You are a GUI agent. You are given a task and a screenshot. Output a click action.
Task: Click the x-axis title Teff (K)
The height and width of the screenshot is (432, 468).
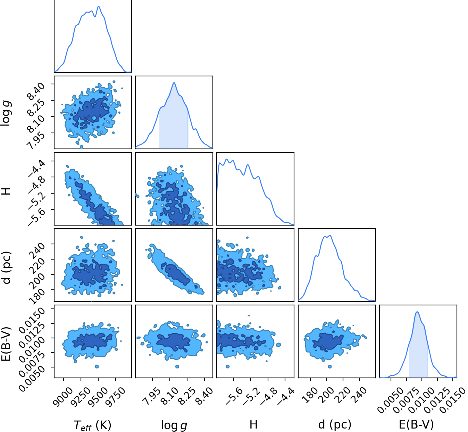pos(92,425)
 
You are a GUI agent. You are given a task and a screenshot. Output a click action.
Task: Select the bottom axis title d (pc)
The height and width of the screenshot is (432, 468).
pos(335,424)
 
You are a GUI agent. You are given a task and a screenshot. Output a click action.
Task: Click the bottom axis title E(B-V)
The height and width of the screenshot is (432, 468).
pos(416,424)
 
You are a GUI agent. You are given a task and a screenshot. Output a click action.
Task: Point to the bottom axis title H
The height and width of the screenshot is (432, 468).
pos(253,424)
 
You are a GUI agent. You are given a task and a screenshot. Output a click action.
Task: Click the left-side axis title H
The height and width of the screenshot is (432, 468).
pos(6,191)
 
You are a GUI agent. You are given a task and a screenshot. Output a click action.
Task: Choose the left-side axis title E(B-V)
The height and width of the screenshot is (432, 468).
pos(6,344)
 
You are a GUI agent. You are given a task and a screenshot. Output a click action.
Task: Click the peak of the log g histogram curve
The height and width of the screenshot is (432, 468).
pos(174,83)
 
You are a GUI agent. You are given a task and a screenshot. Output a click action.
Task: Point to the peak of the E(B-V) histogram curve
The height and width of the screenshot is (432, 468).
pos(417,312)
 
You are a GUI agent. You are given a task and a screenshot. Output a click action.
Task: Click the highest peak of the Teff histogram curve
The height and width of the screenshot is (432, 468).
pos(99,6)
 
